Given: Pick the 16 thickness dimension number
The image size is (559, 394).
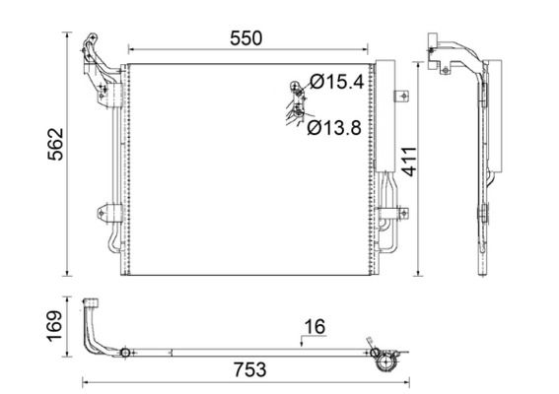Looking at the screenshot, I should coord(314,327).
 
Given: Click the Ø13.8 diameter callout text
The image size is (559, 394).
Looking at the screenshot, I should coord(333,126).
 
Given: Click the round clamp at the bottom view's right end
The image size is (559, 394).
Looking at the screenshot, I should coord(385,359).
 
